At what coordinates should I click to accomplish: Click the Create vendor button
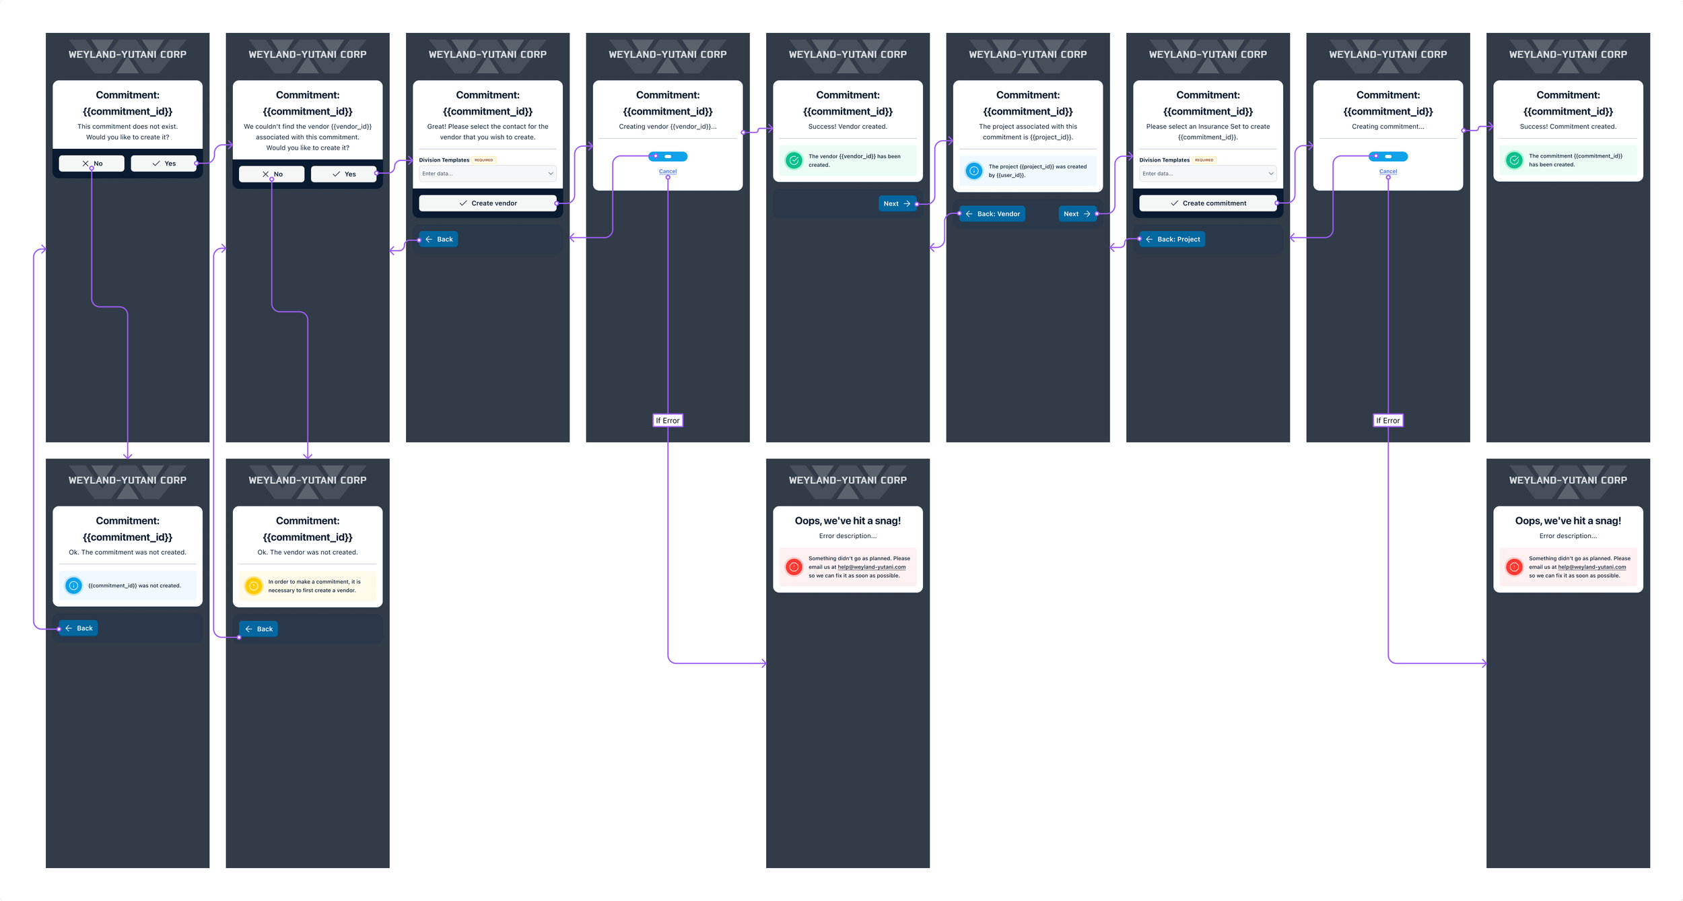pos(487,203)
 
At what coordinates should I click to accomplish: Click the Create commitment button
pos(1208,203)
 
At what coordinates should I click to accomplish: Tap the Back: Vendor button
pos(992,214)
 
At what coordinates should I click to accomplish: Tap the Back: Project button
pos(1172,240)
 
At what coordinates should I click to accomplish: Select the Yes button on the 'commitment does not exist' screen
pos(164,164)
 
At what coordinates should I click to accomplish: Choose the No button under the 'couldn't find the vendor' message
pos(271,174)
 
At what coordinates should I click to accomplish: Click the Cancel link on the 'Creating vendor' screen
pos(668,172)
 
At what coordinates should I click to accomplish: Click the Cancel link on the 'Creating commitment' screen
pos(1388,172)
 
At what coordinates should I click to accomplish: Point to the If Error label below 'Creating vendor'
pos(668,421)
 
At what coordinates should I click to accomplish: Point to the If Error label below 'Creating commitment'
pos(1388,421)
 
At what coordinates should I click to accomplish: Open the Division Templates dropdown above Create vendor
pos(487,174)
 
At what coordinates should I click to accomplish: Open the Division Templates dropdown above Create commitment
pos(1208,174)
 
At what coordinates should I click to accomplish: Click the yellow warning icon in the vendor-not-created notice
pos(254,586)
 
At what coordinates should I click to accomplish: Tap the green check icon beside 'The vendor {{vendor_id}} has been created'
pos(794,160)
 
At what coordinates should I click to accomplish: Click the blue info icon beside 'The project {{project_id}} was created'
pos(974,171)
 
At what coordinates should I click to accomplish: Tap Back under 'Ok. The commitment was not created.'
pos(79,628)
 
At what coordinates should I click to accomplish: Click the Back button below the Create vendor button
pos(438,240)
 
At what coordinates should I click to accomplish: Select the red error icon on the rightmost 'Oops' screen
pos(1514,567)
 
